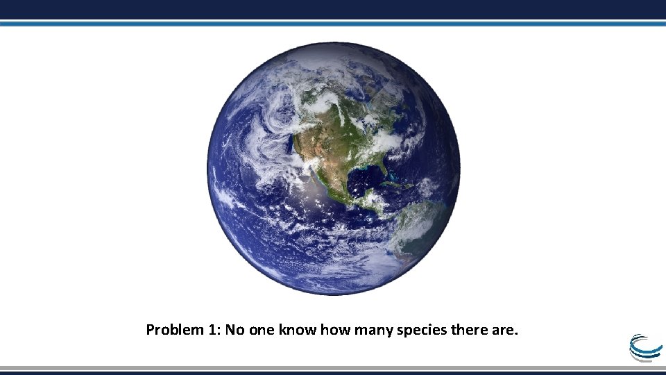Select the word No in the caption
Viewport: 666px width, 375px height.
pos(233,330)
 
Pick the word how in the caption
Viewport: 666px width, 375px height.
pos(333,330)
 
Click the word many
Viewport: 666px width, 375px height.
pos(373,330)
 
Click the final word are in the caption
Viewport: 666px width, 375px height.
pos(504,330)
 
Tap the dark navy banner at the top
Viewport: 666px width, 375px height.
pos(333,9)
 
